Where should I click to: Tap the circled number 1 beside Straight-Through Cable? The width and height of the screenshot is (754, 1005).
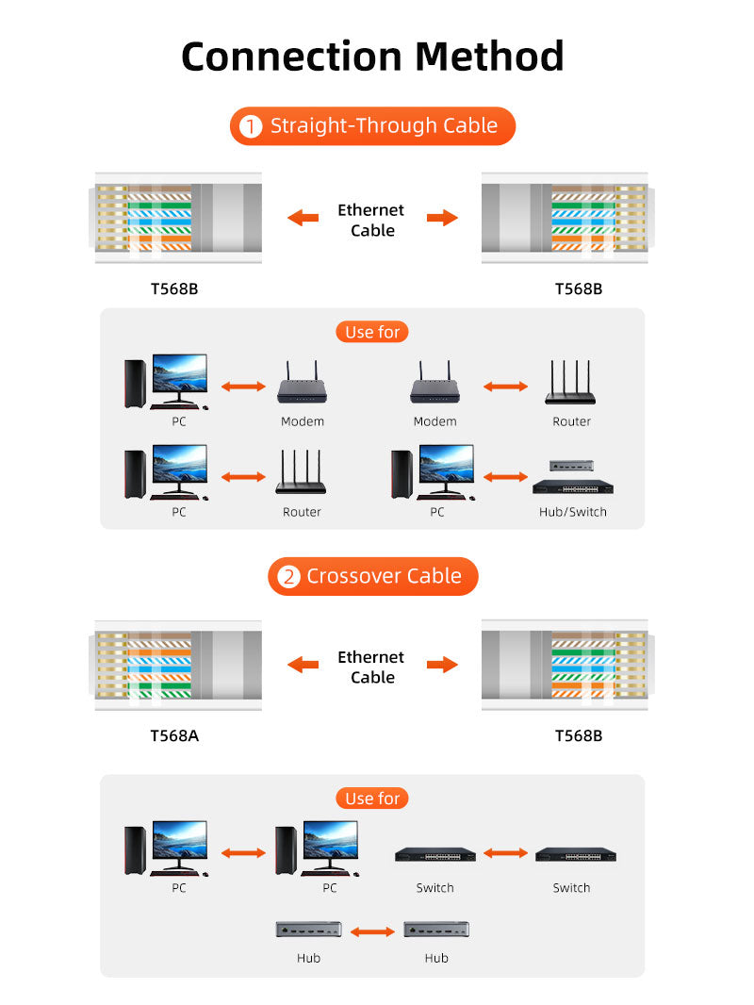click(251, 126)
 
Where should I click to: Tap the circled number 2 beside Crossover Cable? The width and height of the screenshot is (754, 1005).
click(287, 577)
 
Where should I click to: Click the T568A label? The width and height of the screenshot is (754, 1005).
click(174, 735)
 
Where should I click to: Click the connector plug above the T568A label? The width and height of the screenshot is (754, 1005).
click(178, 665)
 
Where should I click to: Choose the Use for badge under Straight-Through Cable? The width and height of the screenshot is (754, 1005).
click(372, 332)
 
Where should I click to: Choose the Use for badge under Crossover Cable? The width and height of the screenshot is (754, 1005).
click(372, 799)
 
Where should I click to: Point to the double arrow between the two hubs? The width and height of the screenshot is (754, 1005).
click(372, 931)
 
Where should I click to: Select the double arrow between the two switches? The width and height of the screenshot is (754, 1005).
click(506, 853)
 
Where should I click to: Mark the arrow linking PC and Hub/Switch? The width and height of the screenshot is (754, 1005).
click(505, 477)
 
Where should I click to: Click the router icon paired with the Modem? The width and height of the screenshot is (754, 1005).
click(570, 384)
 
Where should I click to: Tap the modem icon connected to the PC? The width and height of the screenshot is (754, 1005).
click(302, 384)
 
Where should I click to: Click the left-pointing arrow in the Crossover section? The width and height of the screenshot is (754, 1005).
click(303, 665)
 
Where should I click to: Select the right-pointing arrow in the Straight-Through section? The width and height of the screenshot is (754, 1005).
click(442, 218)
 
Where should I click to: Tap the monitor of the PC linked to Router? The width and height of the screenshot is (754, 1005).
click(179, 465)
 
